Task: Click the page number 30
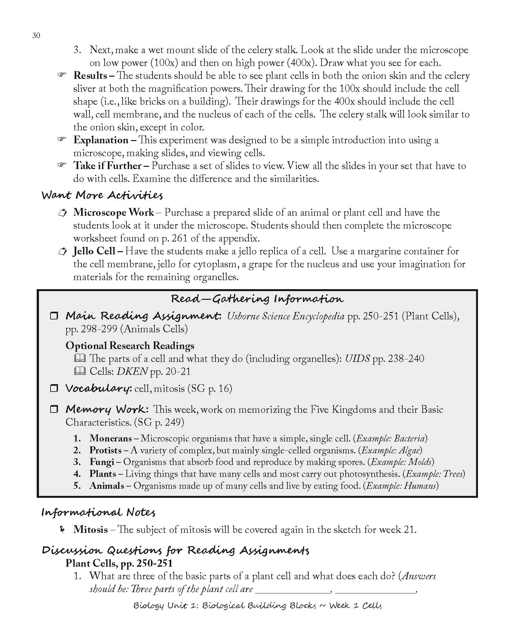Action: coord(36,36)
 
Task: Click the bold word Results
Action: coord(90,76)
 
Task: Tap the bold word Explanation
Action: coord(100,140)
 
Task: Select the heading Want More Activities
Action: coord(102,195)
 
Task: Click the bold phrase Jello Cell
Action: coord(94,251)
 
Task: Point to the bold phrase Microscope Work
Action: coord(113,213)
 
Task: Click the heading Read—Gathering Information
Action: coord(257,299)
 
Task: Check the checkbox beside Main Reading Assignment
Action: coord(53,316)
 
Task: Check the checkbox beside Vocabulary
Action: coord(53,388)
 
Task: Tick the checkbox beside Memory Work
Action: coord(53,409)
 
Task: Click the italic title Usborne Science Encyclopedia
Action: coord(286,316)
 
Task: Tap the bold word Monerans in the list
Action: coord(110,438)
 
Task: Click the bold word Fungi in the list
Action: coord(102,462)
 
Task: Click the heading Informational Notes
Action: coord(98,512)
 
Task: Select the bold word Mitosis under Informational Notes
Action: coord(90,530)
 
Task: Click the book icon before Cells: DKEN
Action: coord(80,372)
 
